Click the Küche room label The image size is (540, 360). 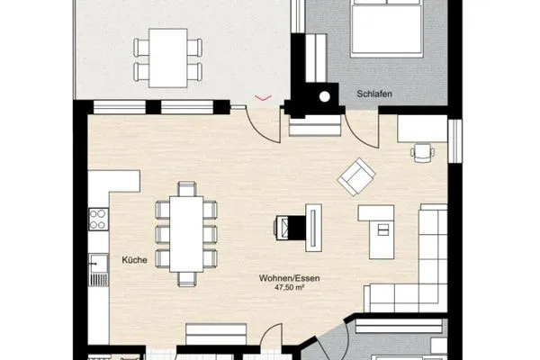[134, 260]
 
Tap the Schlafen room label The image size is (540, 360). [374, 94]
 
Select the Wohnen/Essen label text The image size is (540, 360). [289, 278]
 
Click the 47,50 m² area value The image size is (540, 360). [289, 287]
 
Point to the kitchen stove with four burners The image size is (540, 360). [97, 219]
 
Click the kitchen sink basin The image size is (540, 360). [98, 264]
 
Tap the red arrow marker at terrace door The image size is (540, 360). [263, 98]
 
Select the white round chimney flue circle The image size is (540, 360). [324, 97]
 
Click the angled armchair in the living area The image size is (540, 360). [356, 176]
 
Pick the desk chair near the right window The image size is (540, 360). [422, 152]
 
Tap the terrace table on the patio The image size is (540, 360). [168, 58]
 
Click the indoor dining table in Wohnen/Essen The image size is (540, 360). [186, 234]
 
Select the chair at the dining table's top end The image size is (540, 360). [187, 189]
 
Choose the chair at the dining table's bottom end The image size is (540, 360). [187, 279]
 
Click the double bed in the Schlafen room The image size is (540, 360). [386, 28]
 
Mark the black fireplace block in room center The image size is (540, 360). [296, 228]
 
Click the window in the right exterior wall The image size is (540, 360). [454, 140]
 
